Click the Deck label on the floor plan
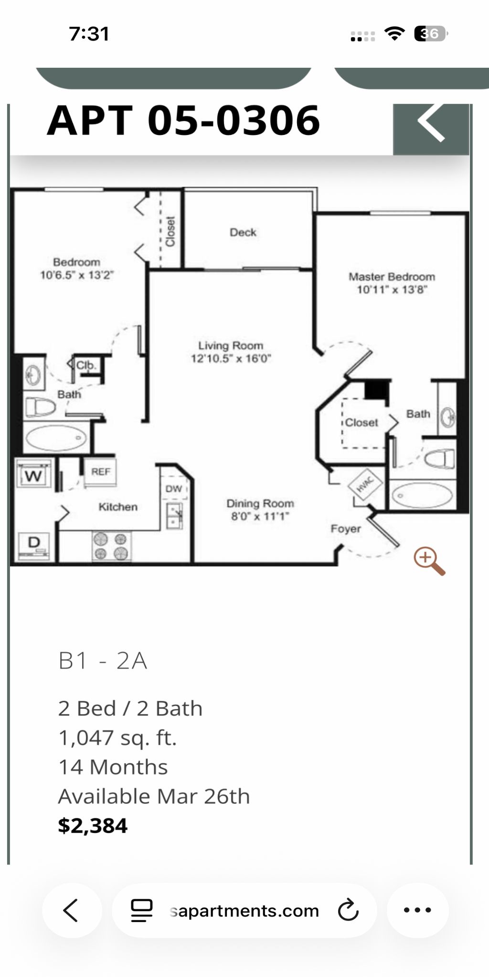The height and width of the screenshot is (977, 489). (243, 232)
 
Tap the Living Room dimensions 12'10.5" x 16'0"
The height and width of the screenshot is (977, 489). (231, 358)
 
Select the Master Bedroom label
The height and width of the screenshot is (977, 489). (392, 277)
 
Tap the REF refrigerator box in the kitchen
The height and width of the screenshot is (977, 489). (100, 472)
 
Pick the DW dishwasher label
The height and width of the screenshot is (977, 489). (173, 488)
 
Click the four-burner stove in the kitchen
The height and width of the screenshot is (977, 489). (111, 546)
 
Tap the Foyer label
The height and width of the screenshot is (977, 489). (346, 529)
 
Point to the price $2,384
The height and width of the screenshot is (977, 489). (93, 826)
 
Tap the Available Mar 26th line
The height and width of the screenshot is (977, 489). (154, 796)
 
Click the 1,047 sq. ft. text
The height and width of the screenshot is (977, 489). (117, 738)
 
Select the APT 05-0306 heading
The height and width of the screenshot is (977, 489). (183, 120)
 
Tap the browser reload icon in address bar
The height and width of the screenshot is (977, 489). (348, 910)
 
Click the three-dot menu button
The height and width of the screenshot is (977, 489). (417, 910)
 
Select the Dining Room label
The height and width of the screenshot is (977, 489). (260, 503)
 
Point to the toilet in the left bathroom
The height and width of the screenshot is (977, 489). (40, 407)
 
